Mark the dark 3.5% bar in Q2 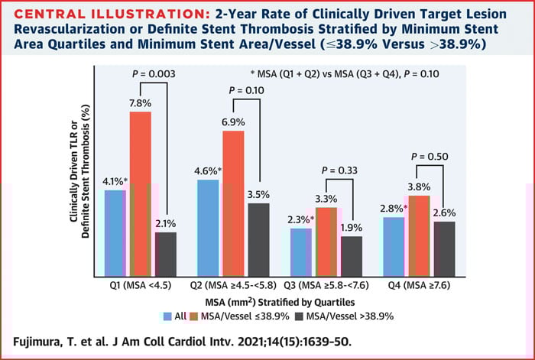coord(259,240)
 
